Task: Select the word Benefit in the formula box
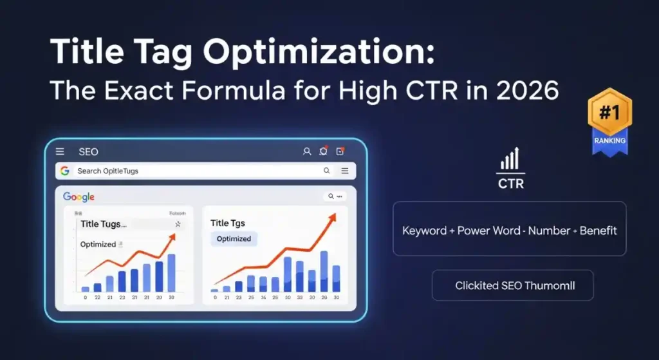click(598, 230)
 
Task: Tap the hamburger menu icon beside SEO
click(60, 152)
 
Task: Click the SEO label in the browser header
click(88, 152)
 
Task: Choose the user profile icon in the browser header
click(307, 152)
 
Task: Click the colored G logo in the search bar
click(65, 171)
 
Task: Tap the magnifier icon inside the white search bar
click(327, 171)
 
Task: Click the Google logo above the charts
click(79, 197)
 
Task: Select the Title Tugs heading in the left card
click(104, 224)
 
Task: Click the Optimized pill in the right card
click(234, 238)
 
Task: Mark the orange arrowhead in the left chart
click(172, 236)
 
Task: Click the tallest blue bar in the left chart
click(171, 272)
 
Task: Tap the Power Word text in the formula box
click(489, 230)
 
